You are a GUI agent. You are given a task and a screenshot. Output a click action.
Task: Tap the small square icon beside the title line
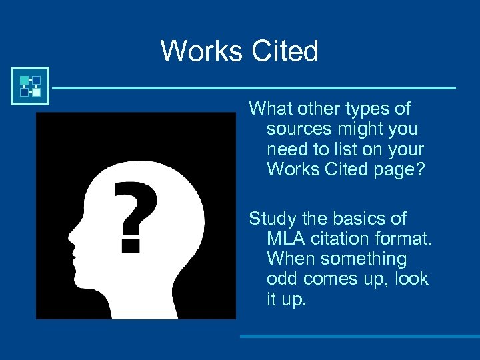tap(30, 85)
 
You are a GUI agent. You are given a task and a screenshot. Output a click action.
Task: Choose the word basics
tap(361, 218)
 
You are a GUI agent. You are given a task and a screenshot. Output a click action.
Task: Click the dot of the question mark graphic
tap(131, 243)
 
